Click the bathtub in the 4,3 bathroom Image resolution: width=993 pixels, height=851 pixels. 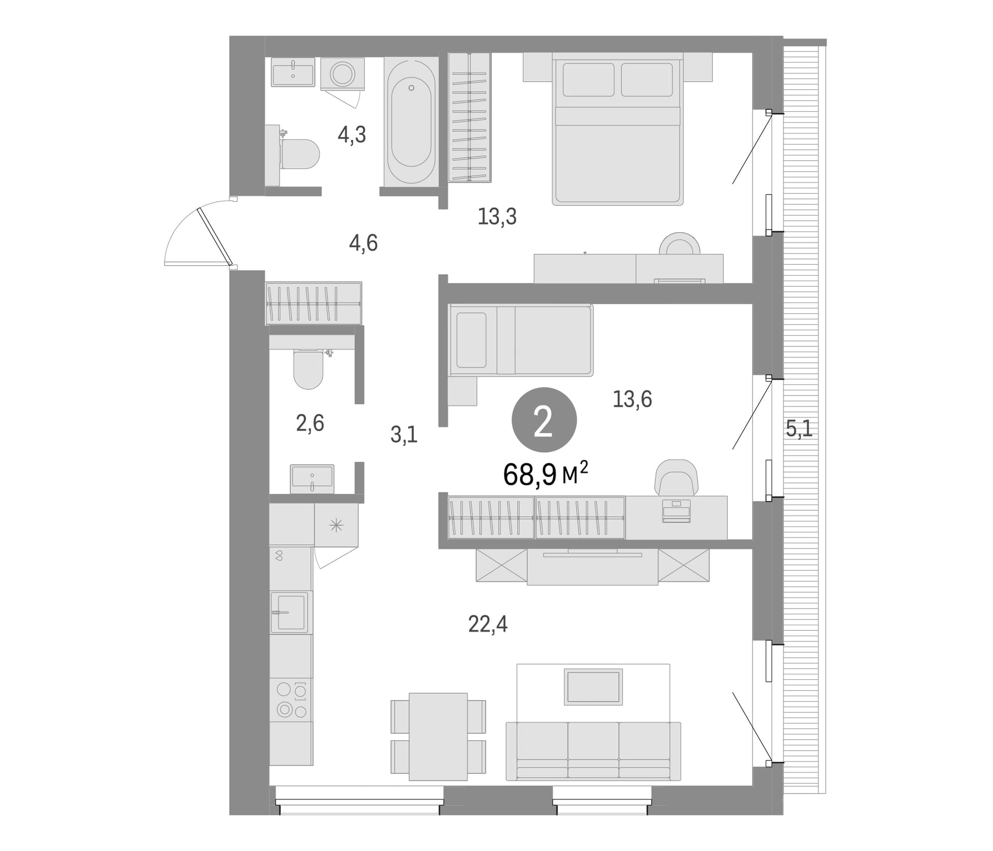click(x=411, y=121)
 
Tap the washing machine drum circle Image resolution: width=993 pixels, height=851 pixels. click(x=342, y=74)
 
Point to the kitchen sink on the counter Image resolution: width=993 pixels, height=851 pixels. click(x=290, y=613)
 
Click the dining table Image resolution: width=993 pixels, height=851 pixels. click(x=438, y=737)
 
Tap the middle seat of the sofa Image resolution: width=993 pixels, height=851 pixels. click(x=593, y=750)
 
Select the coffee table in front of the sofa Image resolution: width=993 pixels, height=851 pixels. click(x=593, y=687)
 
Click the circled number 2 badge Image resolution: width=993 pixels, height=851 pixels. click(x=544, y=420)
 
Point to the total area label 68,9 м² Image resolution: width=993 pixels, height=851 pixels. click(x=546, y=475)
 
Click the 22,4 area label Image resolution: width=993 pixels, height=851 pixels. click(x=488, y=625)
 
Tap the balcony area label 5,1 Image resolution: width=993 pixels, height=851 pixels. click(x=799, y=429)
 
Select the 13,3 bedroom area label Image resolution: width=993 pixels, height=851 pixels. click(x=497, y=217)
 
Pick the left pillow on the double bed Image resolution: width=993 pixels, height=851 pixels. click(x=589, y=80)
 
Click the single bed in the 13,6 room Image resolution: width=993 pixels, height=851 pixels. click(x=521, y=340)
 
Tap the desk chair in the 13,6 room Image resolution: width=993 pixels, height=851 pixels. click(x=676, y=477)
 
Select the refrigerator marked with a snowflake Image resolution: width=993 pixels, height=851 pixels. click(x=336, y=525)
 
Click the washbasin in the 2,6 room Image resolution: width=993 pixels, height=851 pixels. click(x=312, y=479)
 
